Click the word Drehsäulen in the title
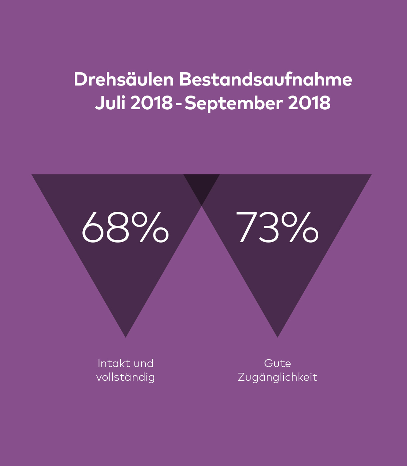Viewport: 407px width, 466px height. pyautogui.click(x=123, y=80)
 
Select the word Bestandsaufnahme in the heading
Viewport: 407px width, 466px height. pyautogui.click(x=266, y=80)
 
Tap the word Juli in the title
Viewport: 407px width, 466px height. pyautogui.click(x=110, y=103)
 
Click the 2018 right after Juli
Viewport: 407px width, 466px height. pyautogui.click(x=152, y=103)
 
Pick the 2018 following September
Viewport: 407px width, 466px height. pyautogui.click(x=309, y=103)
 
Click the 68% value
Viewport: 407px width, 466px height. pyautogui.click(x=125, y=227)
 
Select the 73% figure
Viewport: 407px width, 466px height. pyautogui.click(x=277, y=227)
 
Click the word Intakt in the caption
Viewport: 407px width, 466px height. pyautogui.click(x=111, y=363)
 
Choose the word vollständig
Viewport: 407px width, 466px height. pyautogui.click(x=125, y=377)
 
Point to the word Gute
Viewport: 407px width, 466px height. pyautogui.click(x=277, y=363)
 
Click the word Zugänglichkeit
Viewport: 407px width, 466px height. pyautogui.click(x=277, y=377)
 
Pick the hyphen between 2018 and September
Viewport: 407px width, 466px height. pyautogui.click(x=179, y=104)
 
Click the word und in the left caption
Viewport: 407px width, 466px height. pyautogui.click(x=143, y=363)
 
